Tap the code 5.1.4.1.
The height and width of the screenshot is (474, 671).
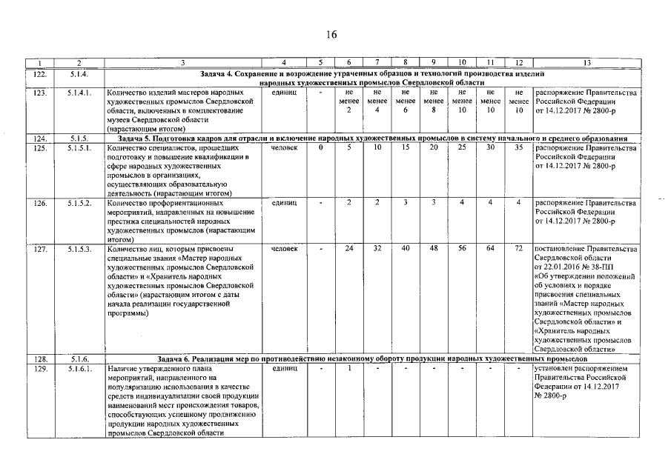click(79, 93)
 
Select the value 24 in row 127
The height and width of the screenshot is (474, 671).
click(348, 248)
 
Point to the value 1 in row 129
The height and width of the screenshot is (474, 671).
click(348, 368)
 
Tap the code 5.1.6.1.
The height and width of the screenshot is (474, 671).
click(79, 368)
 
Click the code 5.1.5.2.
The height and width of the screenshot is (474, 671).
click(79, 202)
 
